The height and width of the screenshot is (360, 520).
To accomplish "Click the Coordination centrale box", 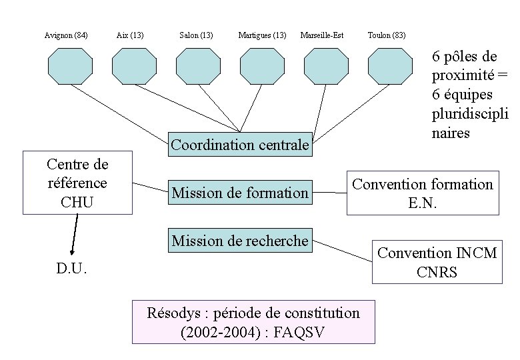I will (x=240, y=145).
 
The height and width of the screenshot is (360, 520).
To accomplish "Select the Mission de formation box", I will (x=240, y=193).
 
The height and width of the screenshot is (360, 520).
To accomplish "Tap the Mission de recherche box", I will (x=240, y=241).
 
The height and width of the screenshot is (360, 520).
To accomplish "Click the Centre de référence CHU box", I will (x=77, y=183).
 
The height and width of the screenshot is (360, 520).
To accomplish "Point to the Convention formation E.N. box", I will (x=423, y=193).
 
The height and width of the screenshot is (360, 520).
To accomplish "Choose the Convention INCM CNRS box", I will (x=437, y=262).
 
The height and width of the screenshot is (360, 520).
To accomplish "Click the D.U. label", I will (x=72, y=269).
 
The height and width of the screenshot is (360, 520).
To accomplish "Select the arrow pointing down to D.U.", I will (x=73, y=235).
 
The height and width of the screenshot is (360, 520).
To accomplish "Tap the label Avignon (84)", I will (x=66, y=35).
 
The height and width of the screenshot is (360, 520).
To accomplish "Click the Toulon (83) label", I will (x=387, y=35).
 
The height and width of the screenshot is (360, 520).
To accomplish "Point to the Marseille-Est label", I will (x=322, y=35).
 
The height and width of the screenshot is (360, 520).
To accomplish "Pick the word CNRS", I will (x=437, y=271).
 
